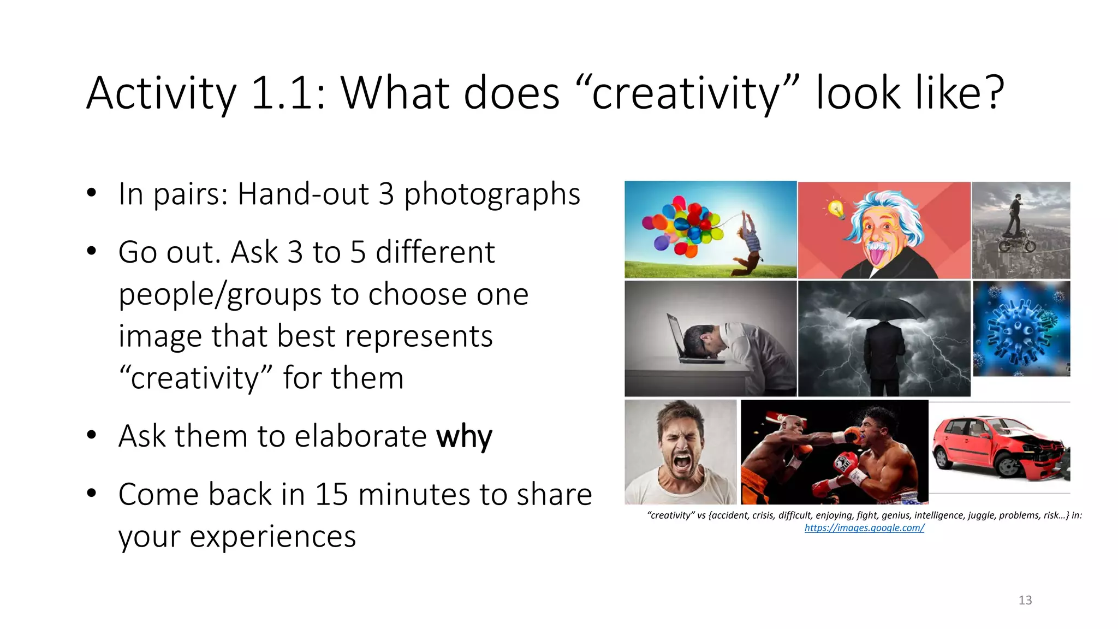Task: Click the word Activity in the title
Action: pos(162,94)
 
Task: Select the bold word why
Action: pos(464,437)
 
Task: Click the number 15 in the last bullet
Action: pos(331,495)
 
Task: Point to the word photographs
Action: pos(492,194)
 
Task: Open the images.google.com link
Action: pos(864,528)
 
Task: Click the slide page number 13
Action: pos(1025,600)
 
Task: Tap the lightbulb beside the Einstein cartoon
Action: pos(835,208)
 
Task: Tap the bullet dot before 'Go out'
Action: pos(92,251)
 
